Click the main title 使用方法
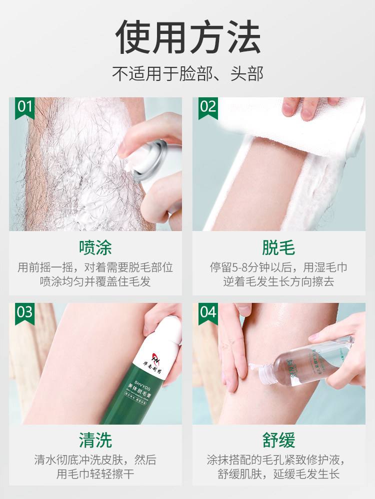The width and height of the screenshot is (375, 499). [187, 38]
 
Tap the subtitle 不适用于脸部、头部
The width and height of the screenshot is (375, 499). [187, 74]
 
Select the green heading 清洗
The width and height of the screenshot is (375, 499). [95, 440]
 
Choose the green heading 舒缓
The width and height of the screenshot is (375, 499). [278, 440]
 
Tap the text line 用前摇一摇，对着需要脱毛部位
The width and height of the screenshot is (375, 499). [95, 267]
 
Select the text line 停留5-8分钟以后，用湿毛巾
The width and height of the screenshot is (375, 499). [278, 267]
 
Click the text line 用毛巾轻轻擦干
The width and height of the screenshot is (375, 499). [95, 473]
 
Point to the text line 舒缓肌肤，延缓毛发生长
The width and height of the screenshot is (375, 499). [278, 473]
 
